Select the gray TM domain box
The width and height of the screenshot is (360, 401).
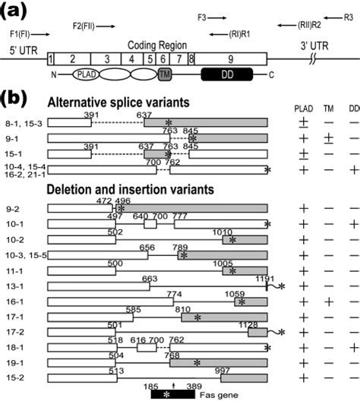coord(166,74)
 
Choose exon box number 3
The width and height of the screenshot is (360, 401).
coord(108,58)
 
